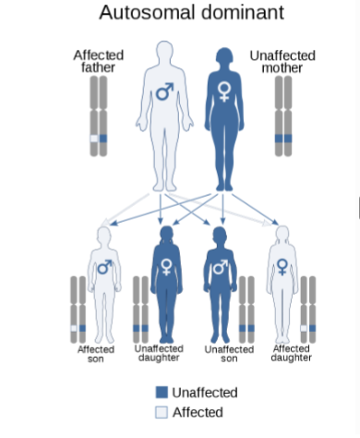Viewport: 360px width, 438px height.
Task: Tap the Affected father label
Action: [98, 62]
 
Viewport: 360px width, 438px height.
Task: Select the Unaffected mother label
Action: [282, 62]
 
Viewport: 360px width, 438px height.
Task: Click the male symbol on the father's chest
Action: [165, 91]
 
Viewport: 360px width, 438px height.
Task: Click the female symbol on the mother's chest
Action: [224, 91]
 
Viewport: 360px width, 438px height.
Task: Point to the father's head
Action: [164, 51]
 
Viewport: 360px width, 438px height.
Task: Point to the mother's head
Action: [224, 51]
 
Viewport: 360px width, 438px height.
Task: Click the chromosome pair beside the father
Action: [98, 116]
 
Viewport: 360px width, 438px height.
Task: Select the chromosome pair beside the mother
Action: [282, 116]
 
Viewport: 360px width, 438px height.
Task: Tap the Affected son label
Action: [95, 355]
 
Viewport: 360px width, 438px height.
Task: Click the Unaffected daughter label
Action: [159, 353]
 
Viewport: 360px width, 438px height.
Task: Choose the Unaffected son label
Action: [228, 355]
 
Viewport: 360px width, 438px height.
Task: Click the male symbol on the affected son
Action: [103, 268]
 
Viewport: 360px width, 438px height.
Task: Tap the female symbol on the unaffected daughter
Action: [166, 267]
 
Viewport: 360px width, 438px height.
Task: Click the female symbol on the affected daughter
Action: [282, 267]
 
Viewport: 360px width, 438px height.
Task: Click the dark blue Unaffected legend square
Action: [162, 392]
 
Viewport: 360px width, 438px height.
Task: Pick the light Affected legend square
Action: [162, 412]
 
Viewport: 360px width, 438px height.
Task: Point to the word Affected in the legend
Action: [198, 412]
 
